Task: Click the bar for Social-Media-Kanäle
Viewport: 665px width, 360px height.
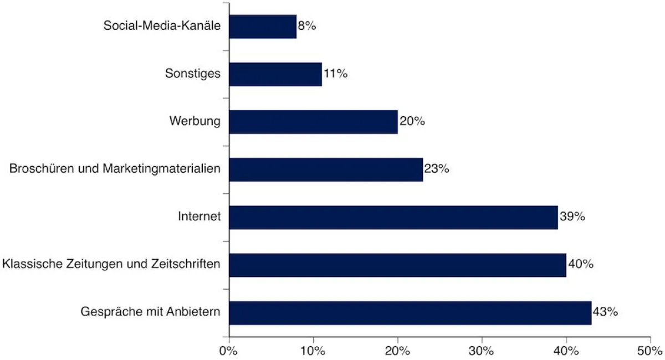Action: pos(263,27)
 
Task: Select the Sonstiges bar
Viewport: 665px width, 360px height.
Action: pos(275,74)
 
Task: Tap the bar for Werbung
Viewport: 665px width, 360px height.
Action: pos(313,122)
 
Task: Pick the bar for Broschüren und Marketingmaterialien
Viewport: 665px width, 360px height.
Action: pos(326,169)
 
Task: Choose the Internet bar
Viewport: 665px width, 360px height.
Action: pos(393,217)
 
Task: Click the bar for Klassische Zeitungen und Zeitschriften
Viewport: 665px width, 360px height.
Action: pos(397,265)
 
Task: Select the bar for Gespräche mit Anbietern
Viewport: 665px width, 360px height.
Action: pos(410,312)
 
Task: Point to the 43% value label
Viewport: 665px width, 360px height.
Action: pos(605,312)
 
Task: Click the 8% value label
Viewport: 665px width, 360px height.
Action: pos(306,26)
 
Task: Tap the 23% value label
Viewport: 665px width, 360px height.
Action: pos(437,169)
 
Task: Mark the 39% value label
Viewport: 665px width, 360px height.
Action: pos(572,217)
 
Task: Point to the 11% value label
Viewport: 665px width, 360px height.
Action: pos(335,74)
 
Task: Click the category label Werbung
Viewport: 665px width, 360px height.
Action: pos(195,121)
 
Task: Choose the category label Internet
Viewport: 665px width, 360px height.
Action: pos(199,217)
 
